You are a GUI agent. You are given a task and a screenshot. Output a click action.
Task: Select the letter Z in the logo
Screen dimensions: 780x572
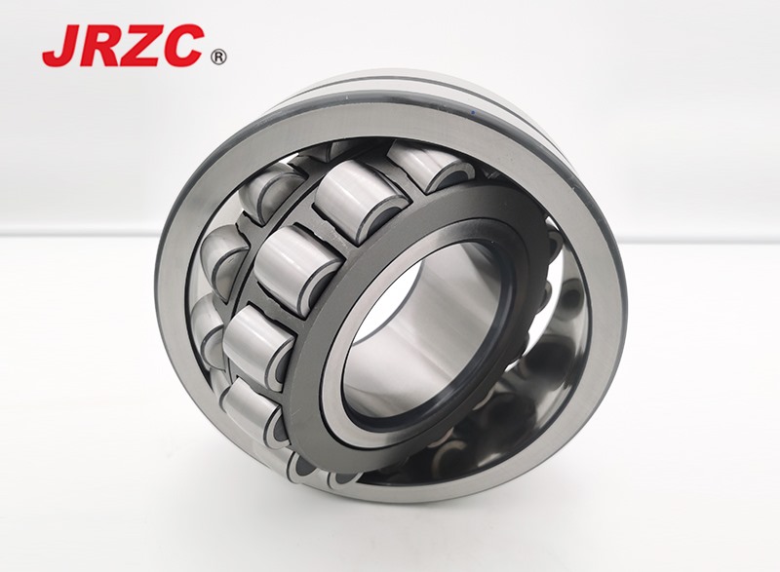coord(140,45)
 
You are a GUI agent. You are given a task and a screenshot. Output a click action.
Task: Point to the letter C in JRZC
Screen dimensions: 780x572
coord(183,45)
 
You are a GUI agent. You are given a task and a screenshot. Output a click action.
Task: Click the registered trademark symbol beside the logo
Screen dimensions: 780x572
coord(218,57)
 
